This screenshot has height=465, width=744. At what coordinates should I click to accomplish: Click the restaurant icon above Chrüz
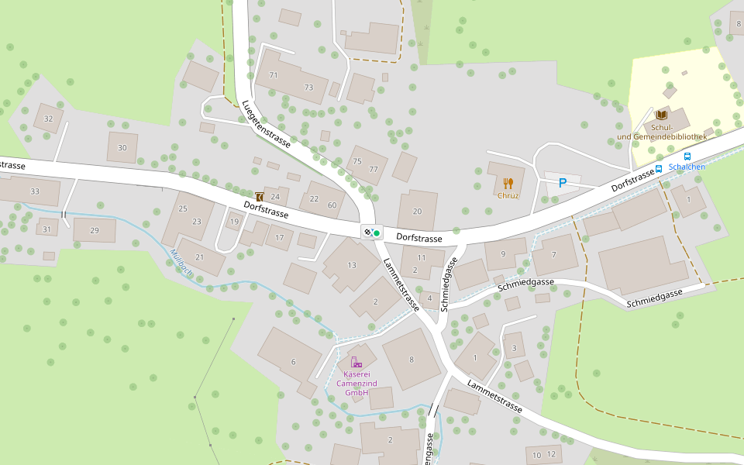click(x=508, y=183)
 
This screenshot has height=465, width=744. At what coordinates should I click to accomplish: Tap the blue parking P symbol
click(x=563, y=183)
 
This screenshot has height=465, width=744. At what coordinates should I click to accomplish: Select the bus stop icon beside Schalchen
click(x=659, y=168)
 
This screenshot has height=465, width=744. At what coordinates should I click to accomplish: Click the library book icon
click(x=660, y=115)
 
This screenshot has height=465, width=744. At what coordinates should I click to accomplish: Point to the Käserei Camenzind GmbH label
click(x=356, y=384)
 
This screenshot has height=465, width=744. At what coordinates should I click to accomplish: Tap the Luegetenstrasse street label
click(x=265, y=124)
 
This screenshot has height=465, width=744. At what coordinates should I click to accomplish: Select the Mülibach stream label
click(x=181, y=264)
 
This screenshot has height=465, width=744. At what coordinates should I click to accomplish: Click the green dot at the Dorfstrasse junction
click(x=377, y=232)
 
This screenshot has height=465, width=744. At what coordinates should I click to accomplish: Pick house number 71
click(x=273, y=75)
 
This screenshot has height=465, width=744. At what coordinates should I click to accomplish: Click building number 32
click(x=49, y=119)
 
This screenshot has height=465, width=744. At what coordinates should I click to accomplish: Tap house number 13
click(x=352, y=265)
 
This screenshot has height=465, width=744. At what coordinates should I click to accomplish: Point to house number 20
click(x=417, y=212)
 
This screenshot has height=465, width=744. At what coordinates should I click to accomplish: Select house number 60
click(x=332, y=205)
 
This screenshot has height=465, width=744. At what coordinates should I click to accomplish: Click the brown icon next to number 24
click(x=259, y=197)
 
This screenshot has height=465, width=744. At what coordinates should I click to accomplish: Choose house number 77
click(x=374, y=169)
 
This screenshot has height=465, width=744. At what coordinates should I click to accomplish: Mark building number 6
click(x=293, y=362)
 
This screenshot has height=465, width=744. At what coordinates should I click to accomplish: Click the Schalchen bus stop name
click(x=687, y=167)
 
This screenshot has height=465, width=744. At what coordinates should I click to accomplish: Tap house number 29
click(x=95, y=231)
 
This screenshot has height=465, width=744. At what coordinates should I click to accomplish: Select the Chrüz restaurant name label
click(x=508, y=195)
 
